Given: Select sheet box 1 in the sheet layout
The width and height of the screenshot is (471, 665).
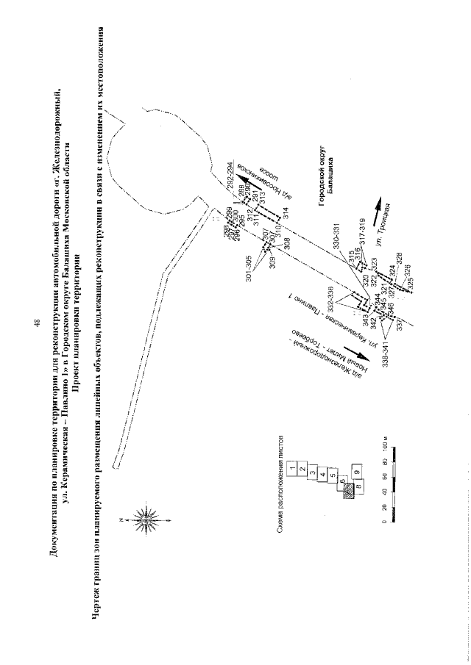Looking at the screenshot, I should (x=292, y=467).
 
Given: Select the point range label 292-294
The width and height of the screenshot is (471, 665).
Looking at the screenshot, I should (x=230, y=171).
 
